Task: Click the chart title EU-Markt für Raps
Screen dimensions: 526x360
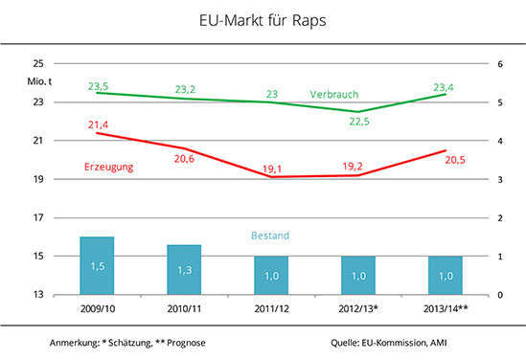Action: point(263,20)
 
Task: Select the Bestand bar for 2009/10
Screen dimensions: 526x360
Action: point(97,266)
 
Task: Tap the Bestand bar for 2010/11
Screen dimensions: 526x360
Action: point(184,270)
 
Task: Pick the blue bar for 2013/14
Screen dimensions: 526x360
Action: point(446,276)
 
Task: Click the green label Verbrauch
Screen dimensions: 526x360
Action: point(334,95)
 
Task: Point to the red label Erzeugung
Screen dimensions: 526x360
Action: point(108,167)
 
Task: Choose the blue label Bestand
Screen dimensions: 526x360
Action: point(270,236)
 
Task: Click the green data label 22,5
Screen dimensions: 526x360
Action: point(359,122)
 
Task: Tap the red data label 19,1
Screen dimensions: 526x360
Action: point(272,169)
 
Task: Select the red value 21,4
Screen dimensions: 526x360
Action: point(99,125)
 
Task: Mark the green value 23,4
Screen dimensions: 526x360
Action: point(444,87)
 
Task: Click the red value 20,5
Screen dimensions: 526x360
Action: point(455,160)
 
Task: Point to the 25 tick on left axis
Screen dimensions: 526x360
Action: point(38,63)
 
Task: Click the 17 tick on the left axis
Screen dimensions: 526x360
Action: point(38,218)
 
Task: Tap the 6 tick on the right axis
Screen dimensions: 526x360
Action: point(500,64)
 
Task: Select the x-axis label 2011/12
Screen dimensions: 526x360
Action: point(271,308)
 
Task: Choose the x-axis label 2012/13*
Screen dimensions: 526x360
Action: point(358,308)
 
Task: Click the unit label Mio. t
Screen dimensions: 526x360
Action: point(39,81)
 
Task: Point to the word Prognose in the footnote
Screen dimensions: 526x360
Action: point(186,343)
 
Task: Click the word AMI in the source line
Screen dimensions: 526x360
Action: point(439,343)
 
